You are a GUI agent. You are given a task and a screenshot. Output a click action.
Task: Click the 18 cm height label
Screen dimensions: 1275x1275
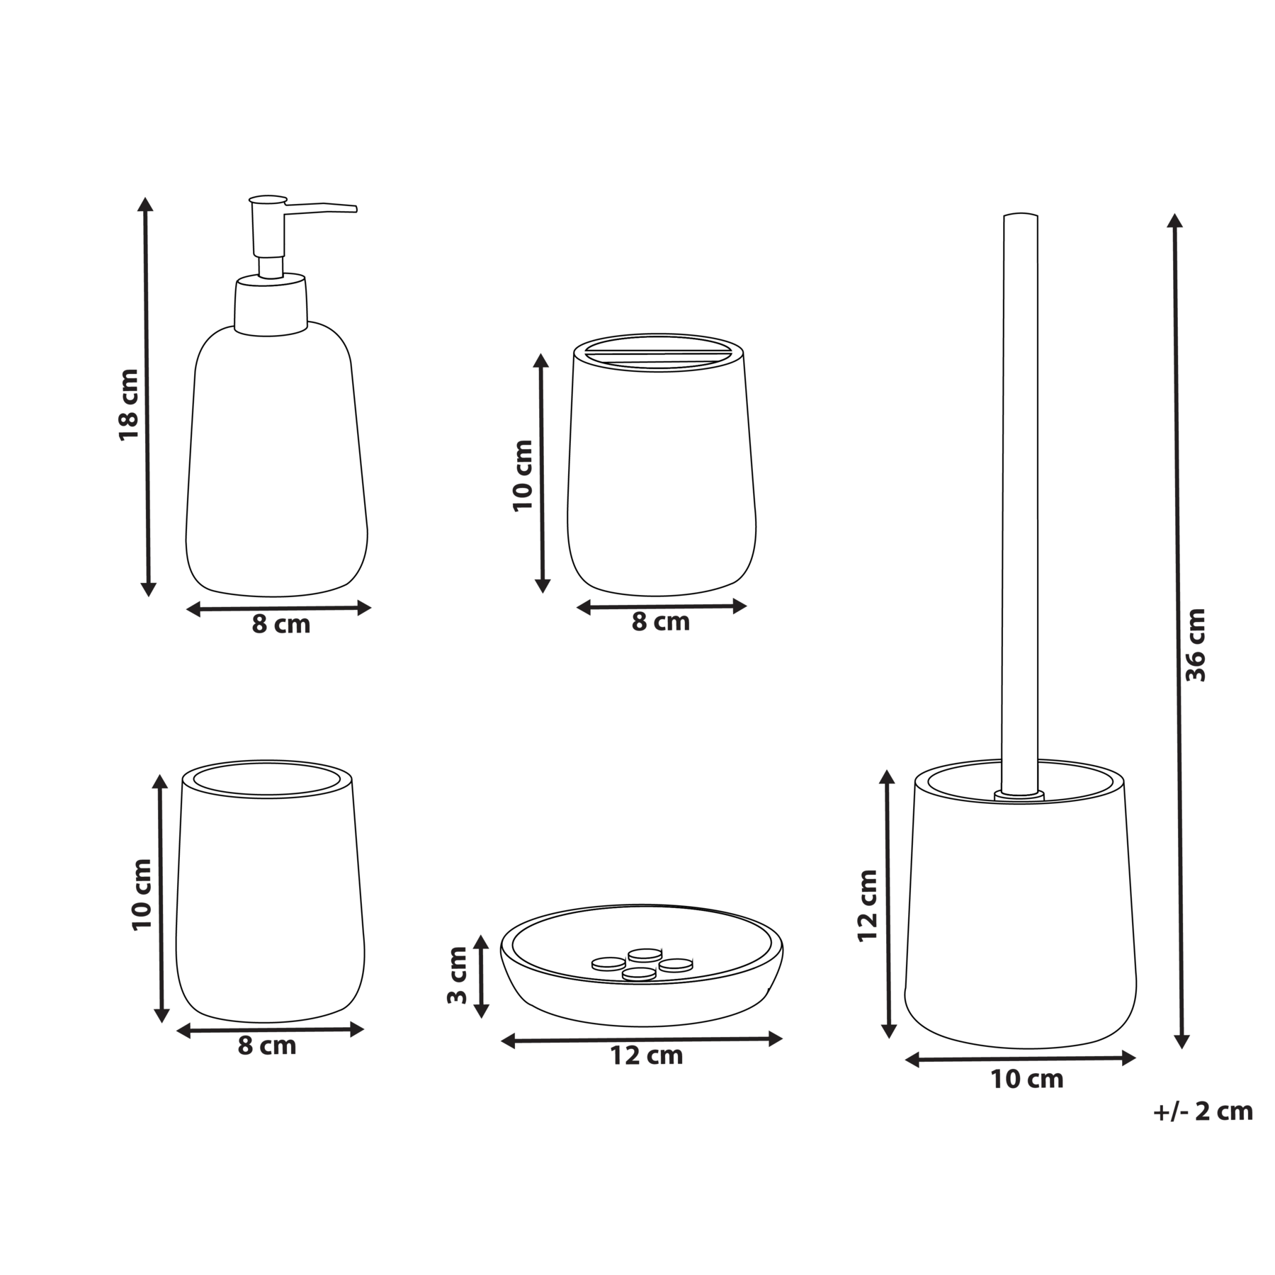(129, 404)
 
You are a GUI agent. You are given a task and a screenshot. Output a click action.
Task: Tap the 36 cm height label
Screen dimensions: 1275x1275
(1196, 645)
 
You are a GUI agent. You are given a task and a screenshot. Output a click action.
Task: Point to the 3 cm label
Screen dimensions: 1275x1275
(458, 975)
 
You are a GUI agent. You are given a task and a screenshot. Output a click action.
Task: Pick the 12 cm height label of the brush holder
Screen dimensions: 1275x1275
(868, 905)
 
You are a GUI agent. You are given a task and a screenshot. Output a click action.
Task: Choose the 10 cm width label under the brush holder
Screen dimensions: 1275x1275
(1027, 1079)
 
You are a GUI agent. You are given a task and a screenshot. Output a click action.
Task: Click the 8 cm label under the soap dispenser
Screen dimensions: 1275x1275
(281, 625)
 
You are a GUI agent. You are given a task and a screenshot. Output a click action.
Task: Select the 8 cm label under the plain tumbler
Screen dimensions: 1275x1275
(266, 1046)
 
